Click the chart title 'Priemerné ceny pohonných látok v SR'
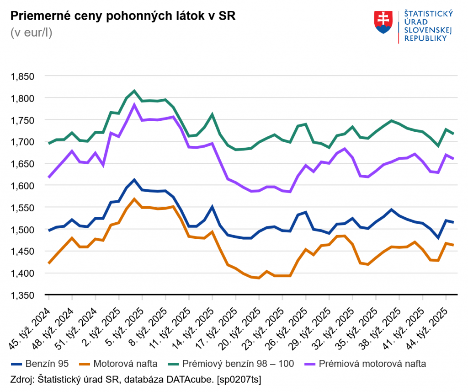[x=122, y=17]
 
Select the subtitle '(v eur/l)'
[x=31, y=33]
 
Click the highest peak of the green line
[x=134, y=91]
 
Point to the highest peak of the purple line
[x=134, y=105]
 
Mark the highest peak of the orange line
[x=134, y=199]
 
